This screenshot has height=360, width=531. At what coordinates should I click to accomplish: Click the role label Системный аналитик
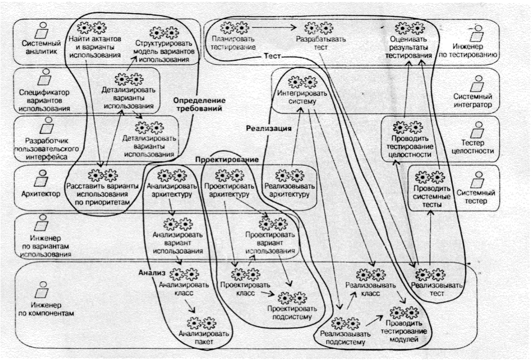pyautogui.click(x=36, y=47)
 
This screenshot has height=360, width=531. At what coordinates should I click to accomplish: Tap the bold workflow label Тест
pyautogui.click(x=273, y=57)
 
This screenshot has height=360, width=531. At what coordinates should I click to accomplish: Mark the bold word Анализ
pyautogui.click(x=152, y=273)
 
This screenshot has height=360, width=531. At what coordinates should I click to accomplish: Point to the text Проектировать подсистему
pyautogui.click(x=292, y=313)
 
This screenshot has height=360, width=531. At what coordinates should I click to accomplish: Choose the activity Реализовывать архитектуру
pyautogui.click(x=291, y=190)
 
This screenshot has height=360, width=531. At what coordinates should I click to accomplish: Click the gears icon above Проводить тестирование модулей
pyautogui.click(x=404, y=312)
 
